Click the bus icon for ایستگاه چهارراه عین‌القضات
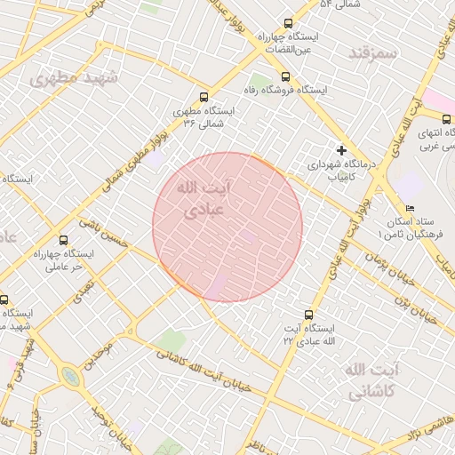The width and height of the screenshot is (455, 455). coord(287,24)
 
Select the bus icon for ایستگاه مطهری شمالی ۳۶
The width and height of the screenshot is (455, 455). coord(204,98)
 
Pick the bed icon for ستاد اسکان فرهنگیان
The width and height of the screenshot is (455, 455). coord(410,208)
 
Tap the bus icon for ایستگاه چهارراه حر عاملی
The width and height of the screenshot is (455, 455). coord(62,240)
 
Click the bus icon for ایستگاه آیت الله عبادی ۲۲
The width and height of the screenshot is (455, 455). coord(308,314)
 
